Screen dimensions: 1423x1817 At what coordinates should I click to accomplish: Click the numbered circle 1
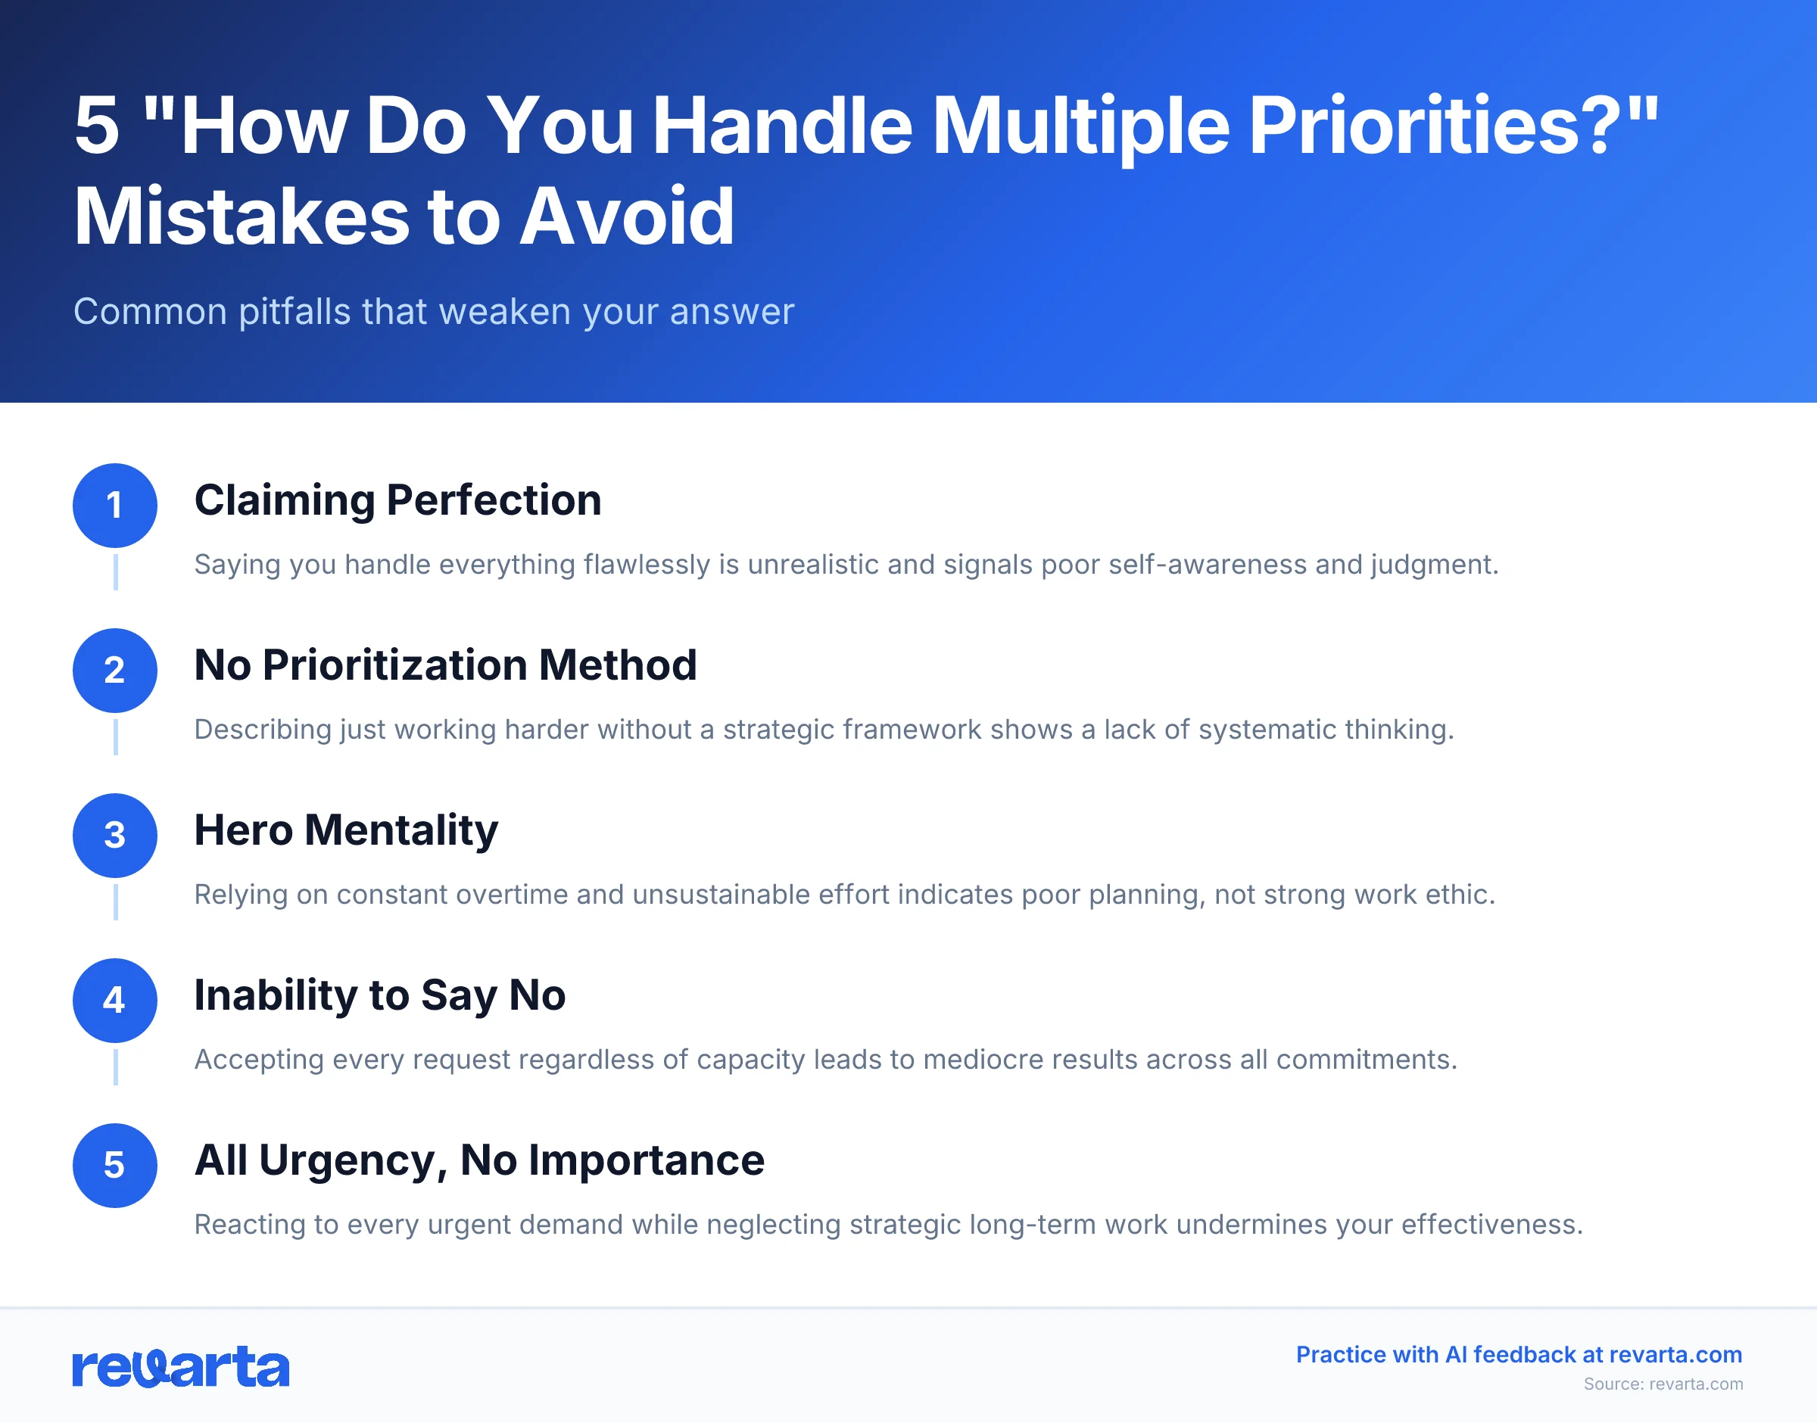click(115, 505)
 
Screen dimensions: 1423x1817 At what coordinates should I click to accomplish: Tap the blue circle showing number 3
click(115, 835)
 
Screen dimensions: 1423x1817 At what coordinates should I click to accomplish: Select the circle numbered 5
click(115, 1165)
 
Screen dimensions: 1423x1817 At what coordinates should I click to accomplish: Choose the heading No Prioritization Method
click(445, 665)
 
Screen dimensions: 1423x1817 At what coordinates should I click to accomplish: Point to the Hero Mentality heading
click(346, 830)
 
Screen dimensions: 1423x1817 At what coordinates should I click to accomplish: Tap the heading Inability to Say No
click(380, 995)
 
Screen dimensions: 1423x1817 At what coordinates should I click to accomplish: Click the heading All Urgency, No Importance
click(479, 1160)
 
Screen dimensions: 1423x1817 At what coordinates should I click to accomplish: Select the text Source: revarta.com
click(1663, 1384)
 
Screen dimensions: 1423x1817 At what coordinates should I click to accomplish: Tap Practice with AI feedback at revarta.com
click(1519, 1355)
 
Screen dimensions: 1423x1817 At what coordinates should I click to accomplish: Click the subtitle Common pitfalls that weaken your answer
click(433, 312)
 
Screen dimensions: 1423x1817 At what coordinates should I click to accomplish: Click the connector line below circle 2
click(115, 736)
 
